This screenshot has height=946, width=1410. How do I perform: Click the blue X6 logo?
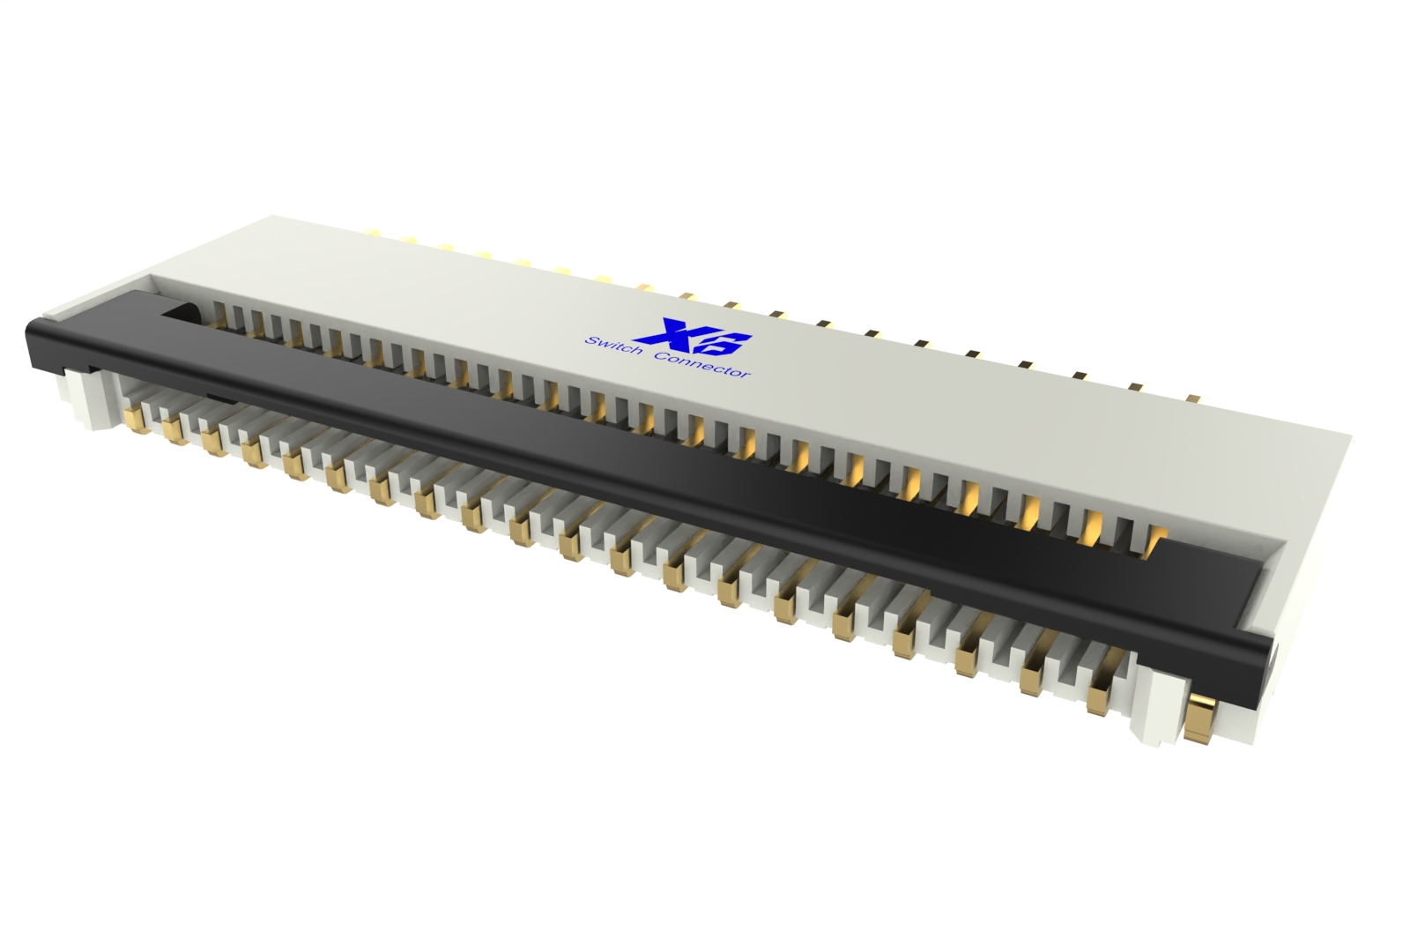(x=694, y=336)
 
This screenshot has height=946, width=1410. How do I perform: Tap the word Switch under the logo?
(x=613, y=345)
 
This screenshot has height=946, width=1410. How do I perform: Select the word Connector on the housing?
(x=702, y=365)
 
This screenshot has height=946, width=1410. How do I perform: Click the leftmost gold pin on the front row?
(x=137, y=420)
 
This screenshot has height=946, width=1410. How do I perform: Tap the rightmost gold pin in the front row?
(x=1100, y=698)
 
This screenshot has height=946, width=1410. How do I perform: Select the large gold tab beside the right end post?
(x=1199, y=720)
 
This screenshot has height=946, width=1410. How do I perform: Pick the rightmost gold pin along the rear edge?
(x=1192, y=398)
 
